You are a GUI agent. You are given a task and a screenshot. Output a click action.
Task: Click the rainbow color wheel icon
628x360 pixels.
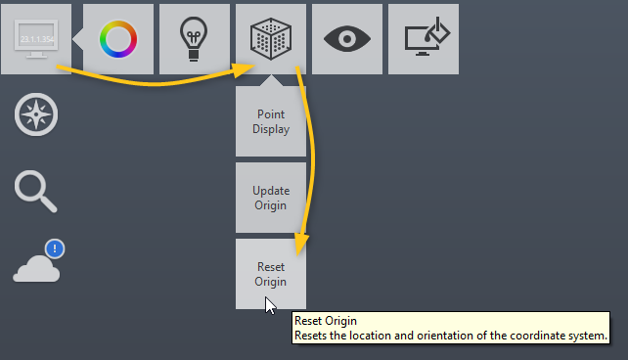click(118, 39)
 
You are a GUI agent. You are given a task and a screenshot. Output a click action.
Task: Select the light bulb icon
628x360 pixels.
click(195, 39)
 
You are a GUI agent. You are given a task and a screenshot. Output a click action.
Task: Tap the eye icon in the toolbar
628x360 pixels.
click(347, 39)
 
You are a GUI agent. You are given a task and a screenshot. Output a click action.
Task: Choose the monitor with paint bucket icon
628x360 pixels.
click(424, 39)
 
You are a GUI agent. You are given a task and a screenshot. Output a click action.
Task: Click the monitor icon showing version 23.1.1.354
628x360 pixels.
click(36, 39)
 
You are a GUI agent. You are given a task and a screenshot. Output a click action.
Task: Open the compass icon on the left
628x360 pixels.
click(36, 115)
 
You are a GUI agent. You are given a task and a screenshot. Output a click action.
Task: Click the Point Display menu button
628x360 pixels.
click(271, 121)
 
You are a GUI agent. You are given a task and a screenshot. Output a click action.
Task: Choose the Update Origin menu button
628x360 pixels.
click(271, 198)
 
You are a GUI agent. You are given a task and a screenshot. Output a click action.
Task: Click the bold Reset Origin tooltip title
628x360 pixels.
click(326, 320)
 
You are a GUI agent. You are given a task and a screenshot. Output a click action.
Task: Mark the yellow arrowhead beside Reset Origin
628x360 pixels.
click(302, 242)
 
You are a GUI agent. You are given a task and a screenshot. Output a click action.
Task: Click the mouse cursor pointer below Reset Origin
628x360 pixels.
click(270, 305)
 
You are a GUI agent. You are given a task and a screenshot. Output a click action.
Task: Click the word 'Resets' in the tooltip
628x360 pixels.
click(312, 336)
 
